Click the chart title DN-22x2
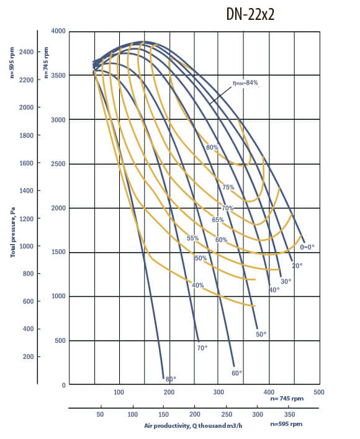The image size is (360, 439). pos(250,15)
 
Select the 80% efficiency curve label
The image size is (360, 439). pos(213,148)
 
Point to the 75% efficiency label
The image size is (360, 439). pos(228,187)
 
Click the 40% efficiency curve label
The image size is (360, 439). pos(198,285)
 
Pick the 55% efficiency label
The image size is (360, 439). pos(192,238)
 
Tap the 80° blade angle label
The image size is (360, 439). pos(170,378)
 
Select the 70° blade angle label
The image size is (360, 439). pos(202,348)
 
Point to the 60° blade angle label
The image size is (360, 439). pos(236,373)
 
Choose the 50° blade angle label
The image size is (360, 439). pos(261,334)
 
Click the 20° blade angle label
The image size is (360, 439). pos(297,266)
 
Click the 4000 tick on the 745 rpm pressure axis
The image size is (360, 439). pos(58,30)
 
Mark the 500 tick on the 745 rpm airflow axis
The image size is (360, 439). pos(319,392)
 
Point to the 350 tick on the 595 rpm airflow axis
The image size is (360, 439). pos(290,414)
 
